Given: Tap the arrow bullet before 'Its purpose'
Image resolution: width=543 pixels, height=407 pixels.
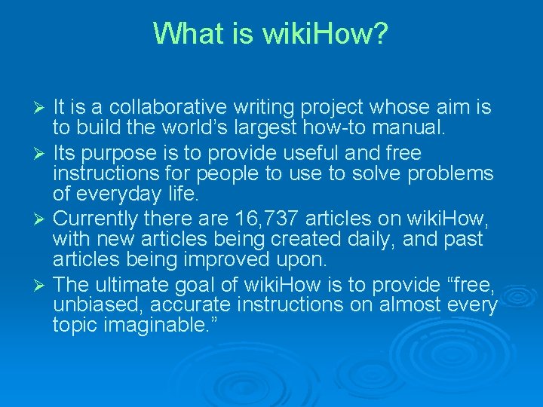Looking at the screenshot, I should (41, 155).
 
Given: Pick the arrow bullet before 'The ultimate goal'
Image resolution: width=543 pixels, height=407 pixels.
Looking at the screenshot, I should (41, 286).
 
